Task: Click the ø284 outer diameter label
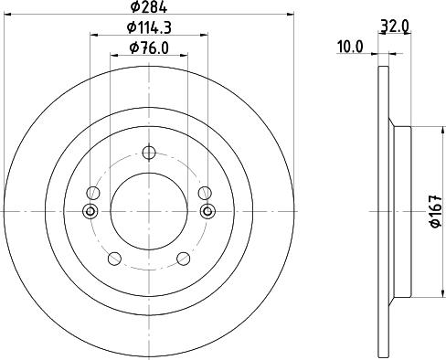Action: [x=148, y=8]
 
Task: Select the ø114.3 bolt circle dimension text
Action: [x=148, y=28]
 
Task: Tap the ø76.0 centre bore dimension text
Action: [x=148, y=48]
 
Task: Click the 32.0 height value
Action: [x=394, y=27]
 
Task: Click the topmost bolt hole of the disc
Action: [x=148, y=154]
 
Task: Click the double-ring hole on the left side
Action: [x=90, y=211]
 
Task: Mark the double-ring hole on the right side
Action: [x=206, y=211]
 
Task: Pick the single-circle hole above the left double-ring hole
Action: [x=91, y=193]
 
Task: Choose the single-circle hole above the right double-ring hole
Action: [x=205, y=193]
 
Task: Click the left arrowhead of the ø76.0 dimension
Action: [x=114, y=55]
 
